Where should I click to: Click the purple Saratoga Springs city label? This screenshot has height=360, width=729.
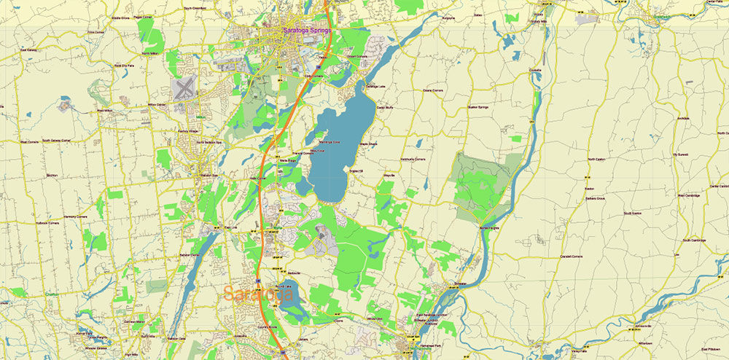click(x=306, y=31)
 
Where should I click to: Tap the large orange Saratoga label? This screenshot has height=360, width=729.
click(x=258, y=294)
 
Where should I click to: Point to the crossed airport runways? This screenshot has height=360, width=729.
click(x=185, y=90)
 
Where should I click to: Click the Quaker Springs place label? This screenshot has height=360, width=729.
click(x=477, y=108)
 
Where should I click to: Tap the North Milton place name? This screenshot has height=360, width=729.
click(x=149, y=53)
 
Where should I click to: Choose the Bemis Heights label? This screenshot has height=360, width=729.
click(x=491, y=227)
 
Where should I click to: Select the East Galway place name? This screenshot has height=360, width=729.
click(x=29, y=50)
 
